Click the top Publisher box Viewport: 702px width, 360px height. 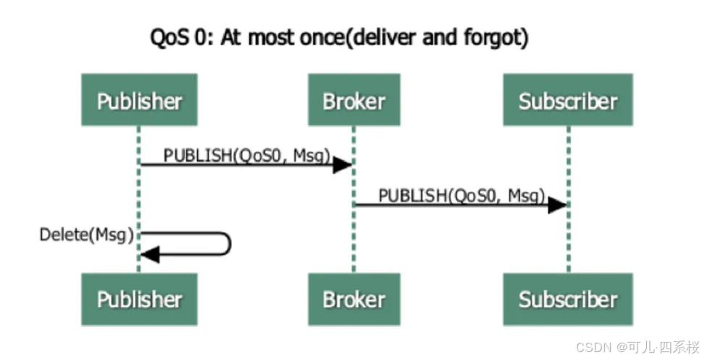click(139, 100)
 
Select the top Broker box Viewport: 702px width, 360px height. click(353, 100)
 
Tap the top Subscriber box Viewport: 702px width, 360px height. click(568, 100)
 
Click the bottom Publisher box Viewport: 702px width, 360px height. click(139, 298)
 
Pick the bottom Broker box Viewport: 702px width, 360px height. click(353, 298)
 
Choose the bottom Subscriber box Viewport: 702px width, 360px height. click(568, 298)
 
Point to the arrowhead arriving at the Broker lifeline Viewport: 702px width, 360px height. click(343, 165)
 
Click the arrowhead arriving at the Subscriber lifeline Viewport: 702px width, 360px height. click(557, 205)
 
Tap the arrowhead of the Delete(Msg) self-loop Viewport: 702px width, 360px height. click(149, 254)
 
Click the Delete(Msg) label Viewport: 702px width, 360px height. click(87, 234)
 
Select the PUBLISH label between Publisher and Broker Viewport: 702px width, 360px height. click(246, 154)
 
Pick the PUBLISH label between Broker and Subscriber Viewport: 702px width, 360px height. click(461, 194)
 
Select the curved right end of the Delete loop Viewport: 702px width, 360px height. click(229, 244)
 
